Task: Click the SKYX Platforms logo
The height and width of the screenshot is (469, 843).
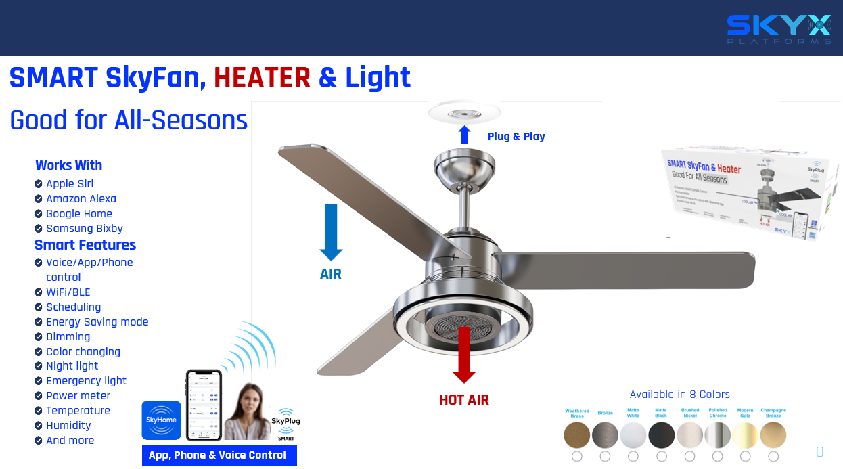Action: point(779,29)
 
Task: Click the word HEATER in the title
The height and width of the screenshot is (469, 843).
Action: point(262,78)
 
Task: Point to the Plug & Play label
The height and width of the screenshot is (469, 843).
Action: point(516,136)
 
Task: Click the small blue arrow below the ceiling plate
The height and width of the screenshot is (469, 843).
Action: point(464,135)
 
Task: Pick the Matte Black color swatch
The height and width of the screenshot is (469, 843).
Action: point(661,435)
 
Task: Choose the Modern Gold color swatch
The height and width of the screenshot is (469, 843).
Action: point(745,435)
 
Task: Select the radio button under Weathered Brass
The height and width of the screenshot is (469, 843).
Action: point(577,457)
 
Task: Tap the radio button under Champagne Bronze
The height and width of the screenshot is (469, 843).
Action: point(773,457)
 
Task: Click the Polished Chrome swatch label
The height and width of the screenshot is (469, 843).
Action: point(718,412)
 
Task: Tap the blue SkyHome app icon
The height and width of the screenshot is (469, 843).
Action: point(161,420)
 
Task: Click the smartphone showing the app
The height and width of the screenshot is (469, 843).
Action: point(204,405)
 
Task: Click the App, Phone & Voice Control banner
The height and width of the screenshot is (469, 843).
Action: point(219,455)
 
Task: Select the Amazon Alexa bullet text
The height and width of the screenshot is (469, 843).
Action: point(81,199)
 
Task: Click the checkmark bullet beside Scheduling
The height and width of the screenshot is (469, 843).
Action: point(39,307)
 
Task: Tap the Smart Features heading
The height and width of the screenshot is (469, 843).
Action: point(85,245)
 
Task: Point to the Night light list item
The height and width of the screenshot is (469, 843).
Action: point(72,366)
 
